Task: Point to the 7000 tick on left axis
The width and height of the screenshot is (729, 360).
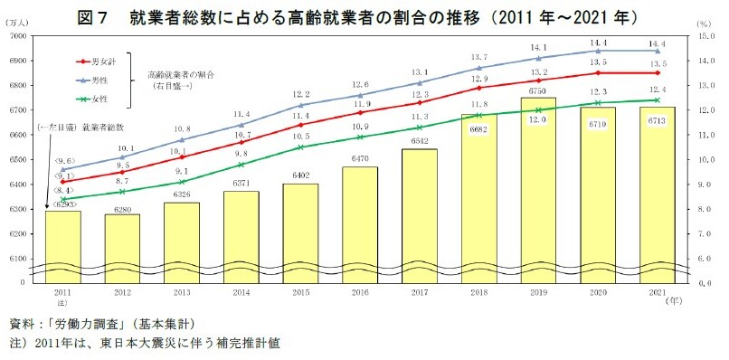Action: [x=17, y=35]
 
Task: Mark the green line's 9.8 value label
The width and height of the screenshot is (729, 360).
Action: [x=241, y=155]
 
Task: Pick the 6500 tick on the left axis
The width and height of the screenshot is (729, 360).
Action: [x=17, y=160]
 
